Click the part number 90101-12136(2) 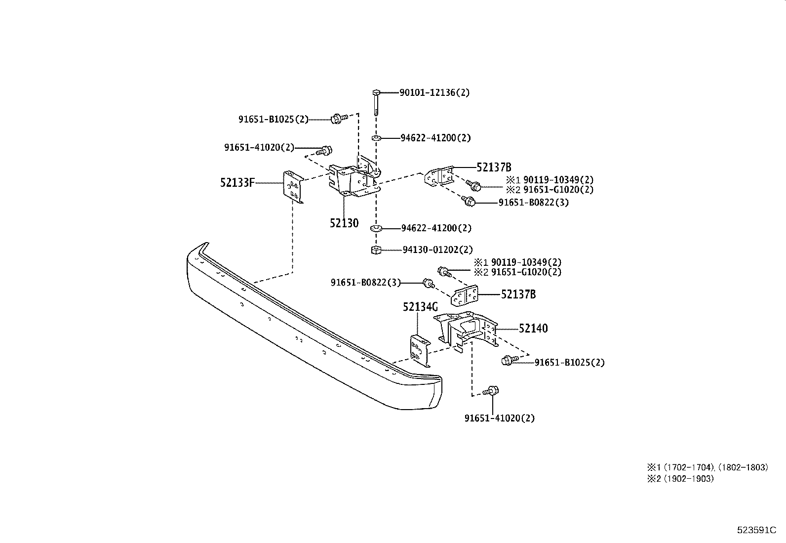point(434,92)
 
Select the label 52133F point(237,183)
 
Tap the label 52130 point(344,223)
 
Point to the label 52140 point(533,329)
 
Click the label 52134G point(420,307)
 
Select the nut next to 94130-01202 point(376,250)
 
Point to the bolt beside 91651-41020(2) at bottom point(491,391)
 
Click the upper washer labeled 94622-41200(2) point(376,138)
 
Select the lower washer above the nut point(376,229)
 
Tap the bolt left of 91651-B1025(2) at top point(337,119)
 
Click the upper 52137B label point(493,167)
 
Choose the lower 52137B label point(518,294)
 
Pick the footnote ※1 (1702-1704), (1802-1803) point(707,467)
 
